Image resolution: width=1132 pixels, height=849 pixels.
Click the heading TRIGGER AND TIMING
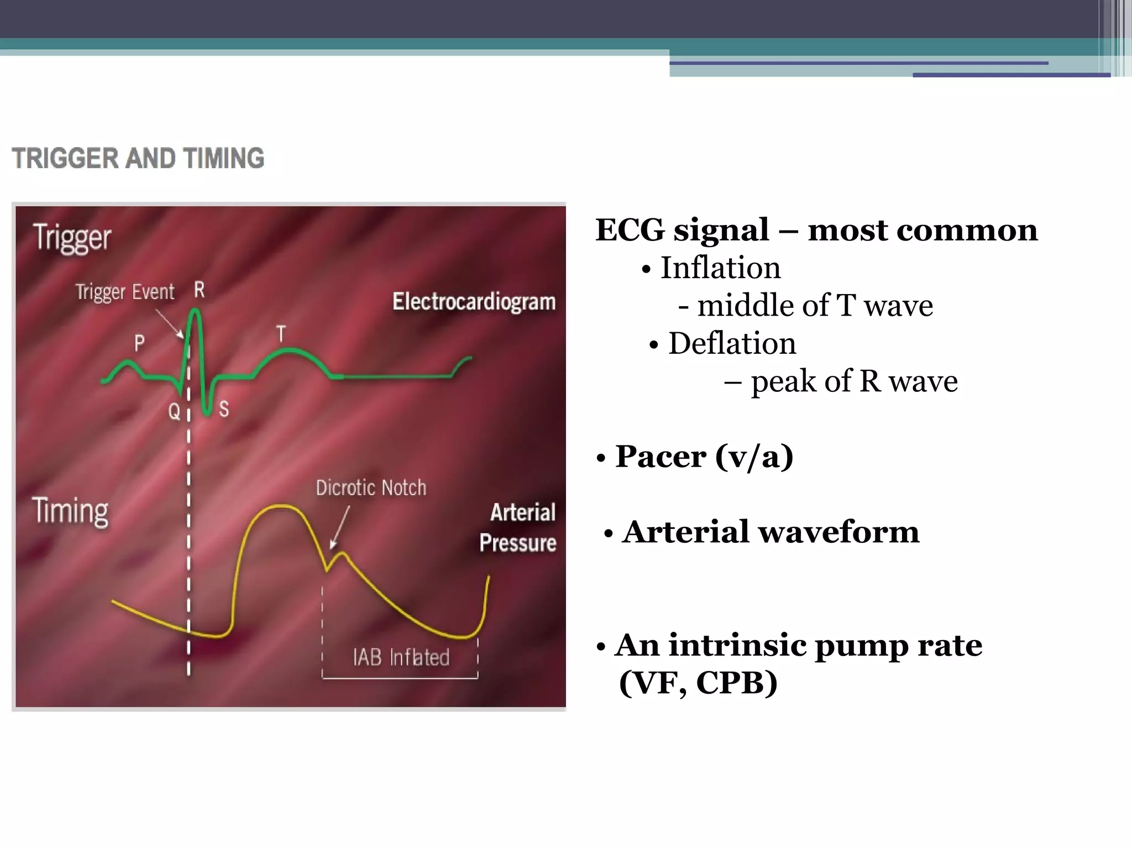(138, 158)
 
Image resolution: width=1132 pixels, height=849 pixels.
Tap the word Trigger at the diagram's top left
(72, 238)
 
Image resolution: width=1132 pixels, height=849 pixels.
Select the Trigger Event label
(125, 291)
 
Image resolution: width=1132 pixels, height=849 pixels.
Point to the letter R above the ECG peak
(200, 290)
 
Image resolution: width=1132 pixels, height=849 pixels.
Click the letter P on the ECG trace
(139, 343)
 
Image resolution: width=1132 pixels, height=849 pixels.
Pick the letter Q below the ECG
(174, 411)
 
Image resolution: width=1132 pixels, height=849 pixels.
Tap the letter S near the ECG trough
(224, 409)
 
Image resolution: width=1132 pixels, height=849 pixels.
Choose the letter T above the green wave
(281, 334)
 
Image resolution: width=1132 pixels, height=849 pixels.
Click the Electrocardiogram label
(474, 302)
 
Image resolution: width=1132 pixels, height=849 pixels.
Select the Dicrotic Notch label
(371, 488)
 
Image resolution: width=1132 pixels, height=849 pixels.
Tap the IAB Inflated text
(401, 657)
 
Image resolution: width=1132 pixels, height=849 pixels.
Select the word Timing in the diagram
(70, 511)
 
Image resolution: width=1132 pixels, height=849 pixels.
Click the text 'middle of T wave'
(815, 306)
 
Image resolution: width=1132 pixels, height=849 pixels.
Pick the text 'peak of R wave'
(854, 381)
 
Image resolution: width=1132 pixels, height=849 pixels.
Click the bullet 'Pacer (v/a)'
(704, 457)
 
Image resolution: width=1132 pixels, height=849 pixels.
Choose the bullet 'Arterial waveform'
(770, 532)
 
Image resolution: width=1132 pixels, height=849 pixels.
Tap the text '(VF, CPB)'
(698, 683)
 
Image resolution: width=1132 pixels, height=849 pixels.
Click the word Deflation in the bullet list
(732, 343)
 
